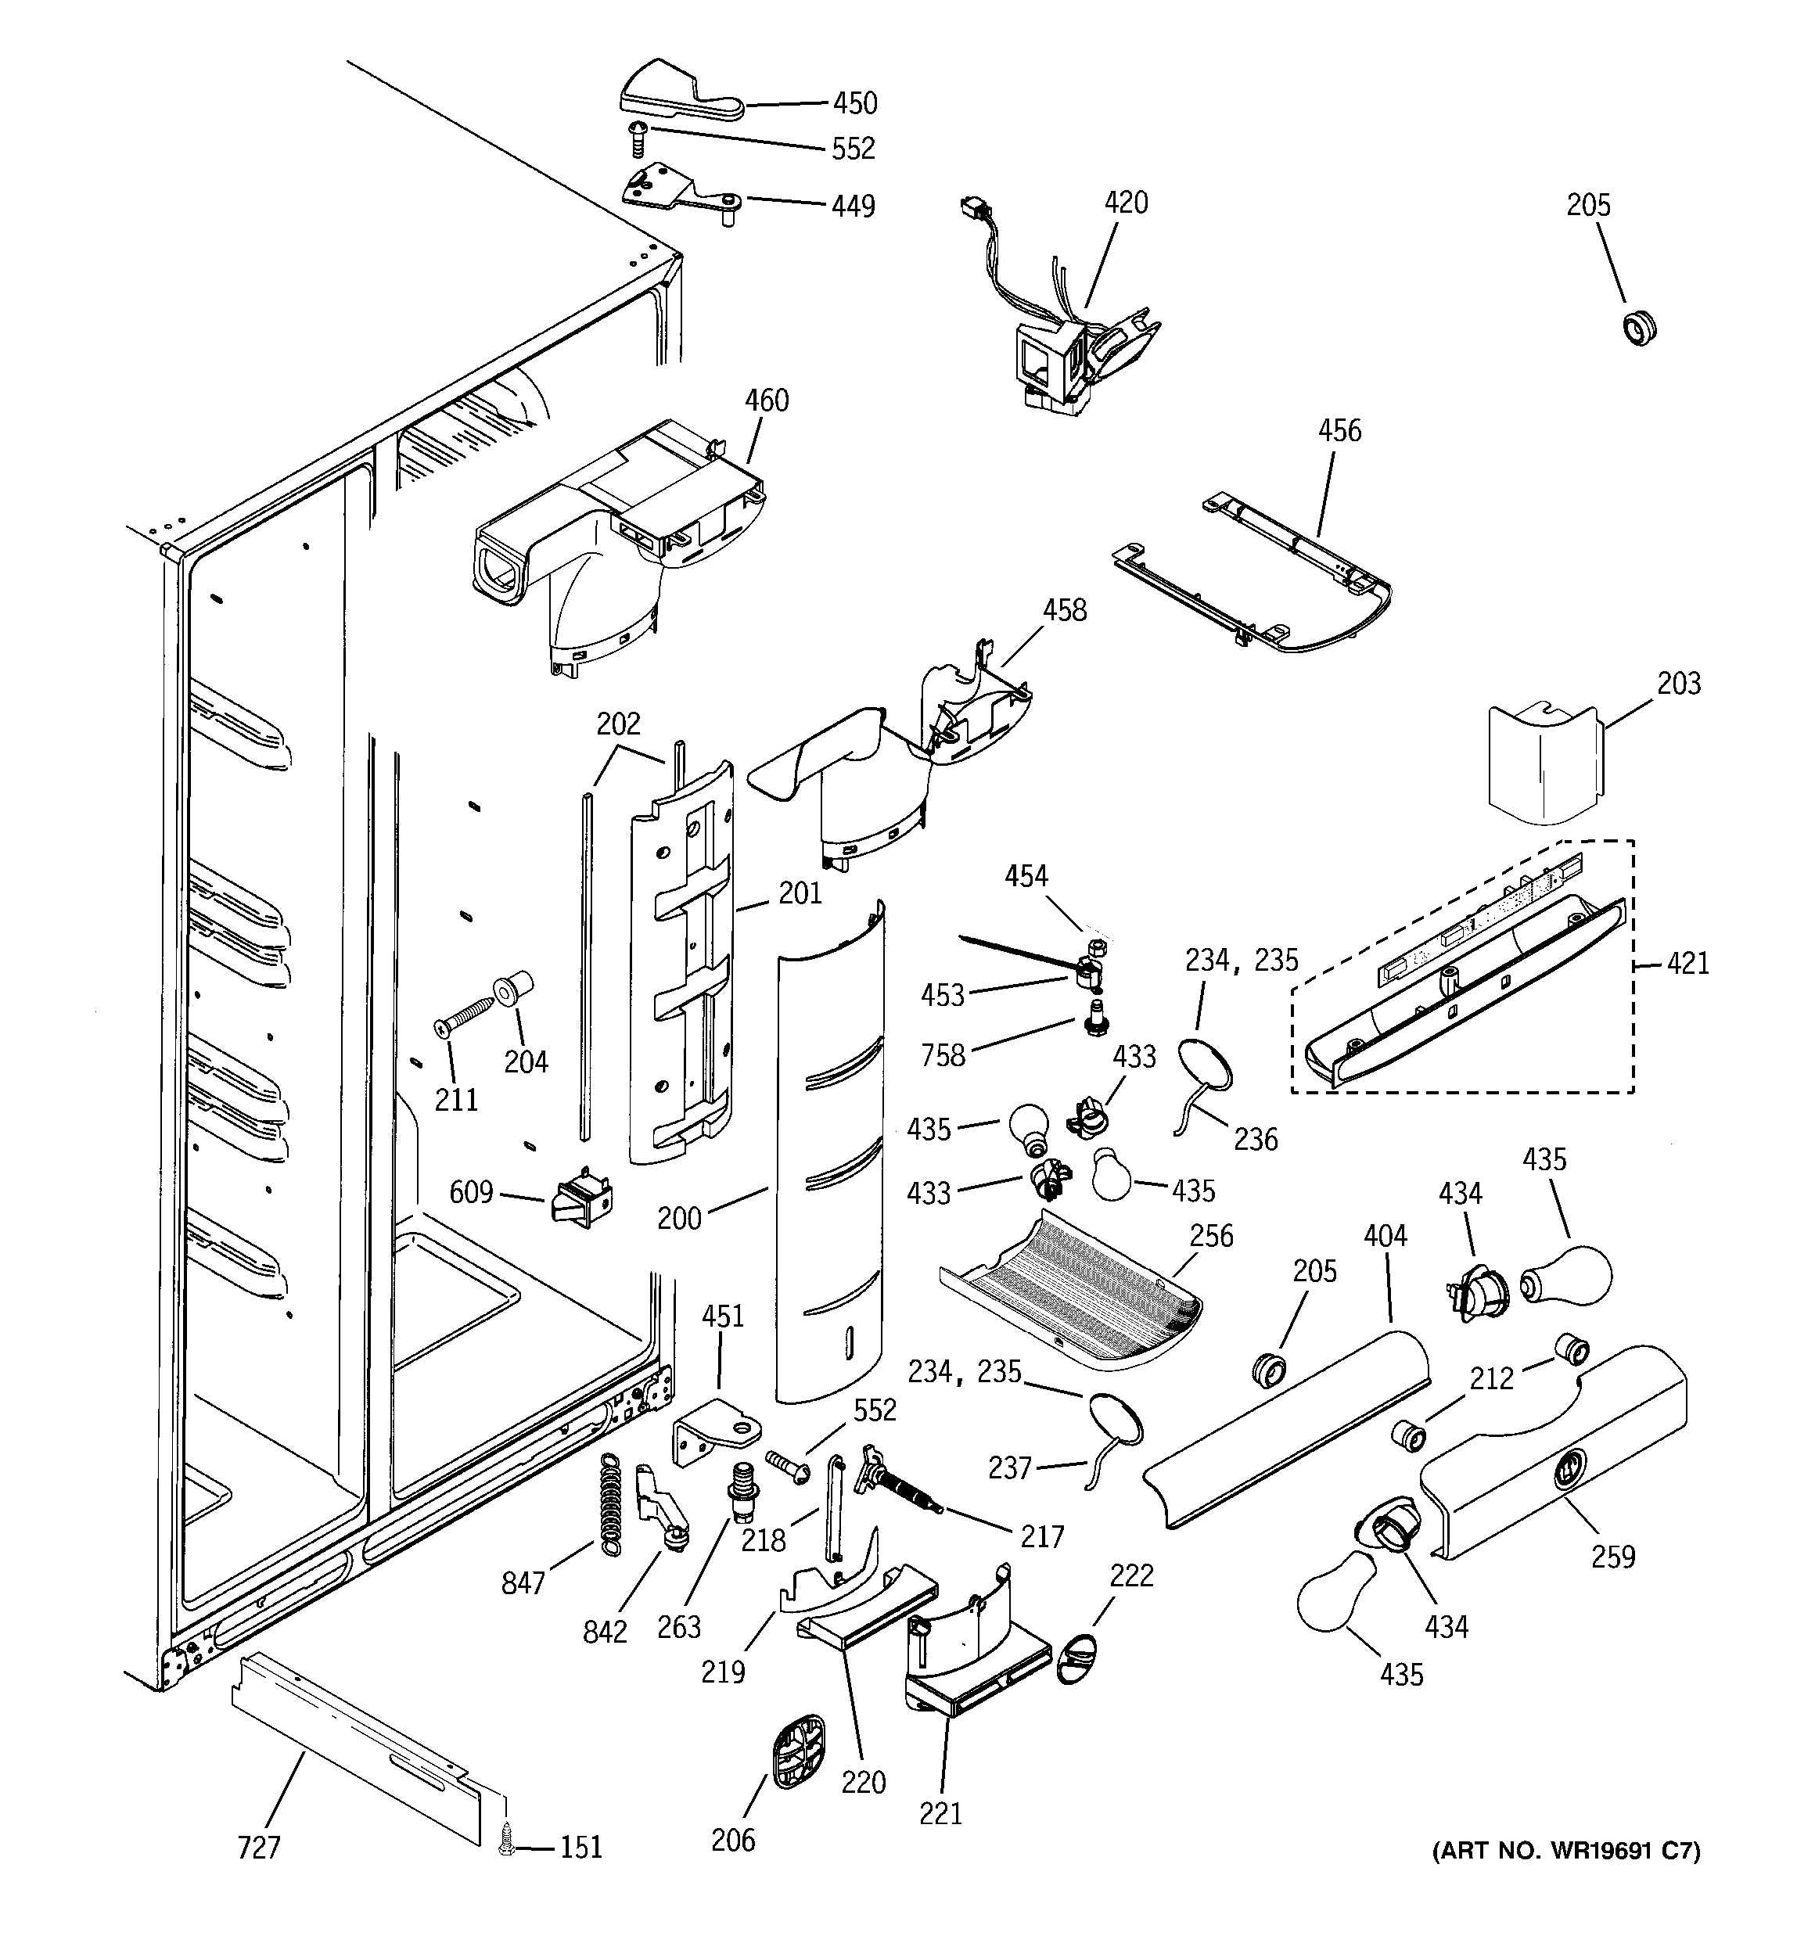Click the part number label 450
[x=854, y=103]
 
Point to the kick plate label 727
[x=258, y=1848]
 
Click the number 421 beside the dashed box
[x=1687, y=963]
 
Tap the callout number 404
[x=1385, y=1236]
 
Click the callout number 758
[x=942, y=1054]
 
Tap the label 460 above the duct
[x=767, y=400]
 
